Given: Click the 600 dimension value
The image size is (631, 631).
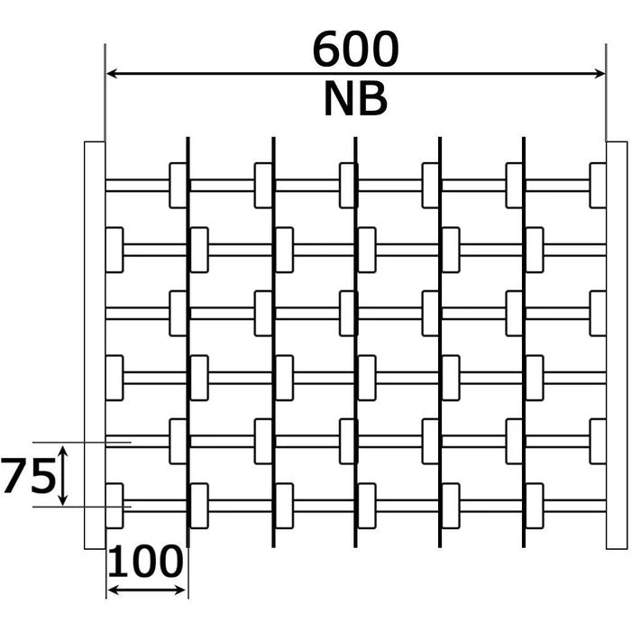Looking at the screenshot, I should [x=355, y=50].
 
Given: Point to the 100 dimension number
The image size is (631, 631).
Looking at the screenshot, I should [x=146, y=563].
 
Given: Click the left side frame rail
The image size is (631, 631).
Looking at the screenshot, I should [x=95, y=344].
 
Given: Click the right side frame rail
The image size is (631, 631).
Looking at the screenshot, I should [x=617, y=344].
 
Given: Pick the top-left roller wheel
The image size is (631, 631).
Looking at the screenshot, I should [x=178, y=186].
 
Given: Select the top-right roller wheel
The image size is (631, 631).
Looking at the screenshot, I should [x=598, y=186].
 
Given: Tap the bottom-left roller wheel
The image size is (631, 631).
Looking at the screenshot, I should [x=114, y=506].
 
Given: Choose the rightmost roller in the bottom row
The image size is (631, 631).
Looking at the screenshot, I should [x=535, y=506].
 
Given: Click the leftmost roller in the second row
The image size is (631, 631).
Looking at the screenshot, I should [x=114, y=250].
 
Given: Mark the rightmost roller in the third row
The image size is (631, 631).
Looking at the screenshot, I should [x=598, y=313].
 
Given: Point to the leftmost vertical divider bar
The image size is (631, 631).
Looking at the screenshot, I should [x=187, y=343].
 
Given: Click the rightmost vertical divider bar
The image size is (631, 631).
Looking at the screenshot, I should [x=524, y=343].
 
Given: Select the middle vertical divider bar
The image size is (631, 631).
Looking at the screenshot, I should [x=355, y=343].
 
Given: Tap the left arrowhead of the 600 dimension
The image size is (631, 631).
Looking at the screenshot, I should [x=112, y=74].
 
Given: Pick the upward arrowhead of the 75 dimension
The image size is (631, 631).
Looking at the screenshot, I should [x=62, y=449].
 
